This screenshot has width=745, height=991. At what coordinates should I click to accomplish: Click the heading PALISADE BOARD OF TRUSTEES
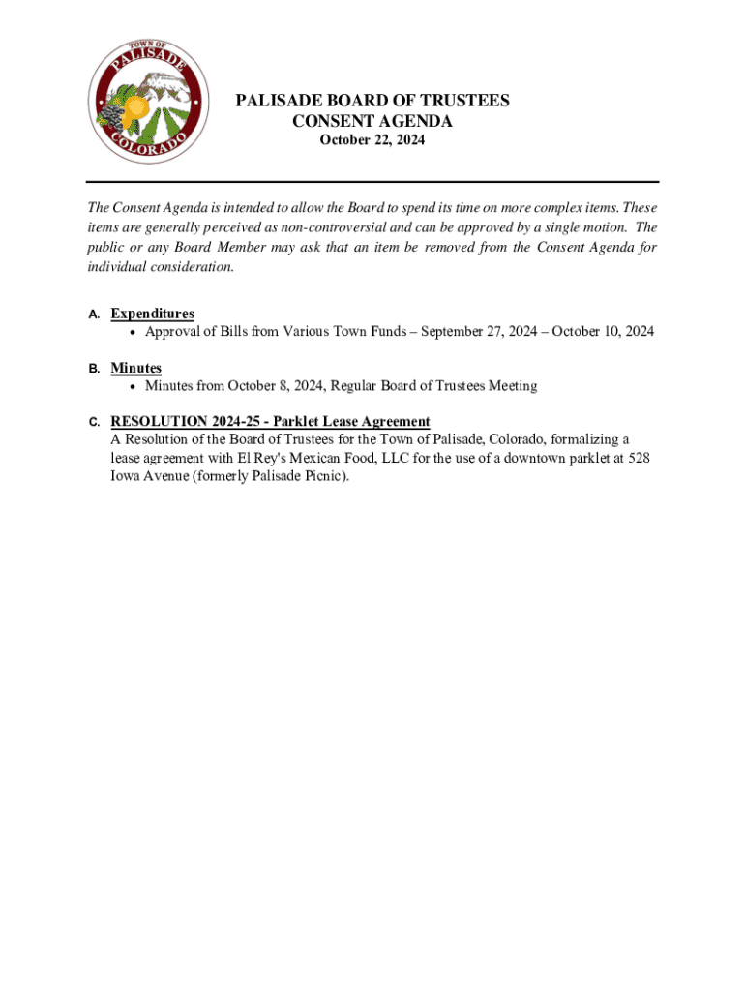coord(372,101)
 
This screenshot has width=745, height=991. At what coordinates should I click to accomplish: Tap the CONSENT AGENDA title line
coord(372,121)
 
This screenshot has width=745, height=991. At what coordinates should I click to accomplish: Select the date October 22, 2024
coord(372,141)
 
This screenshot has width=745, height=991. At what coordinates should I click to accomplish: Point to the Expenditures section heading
coord(152,314)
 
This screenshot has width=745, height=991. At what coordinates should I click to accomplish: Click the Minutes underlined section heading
coord(135,368)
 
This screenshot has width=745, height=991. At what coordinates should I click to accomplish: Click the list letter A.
coord(93,315)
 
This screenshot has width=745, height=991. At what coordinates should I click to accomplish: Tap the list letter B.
coord(93,369)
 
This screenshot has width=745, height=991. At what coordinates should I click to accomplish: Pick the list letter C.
coord(93,423)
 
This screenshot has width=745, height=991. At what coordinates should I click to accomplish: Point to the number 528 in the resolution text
coord(638,458)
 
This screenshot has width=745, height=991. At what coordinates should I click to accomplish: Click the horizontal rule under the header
coord(372,182)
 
